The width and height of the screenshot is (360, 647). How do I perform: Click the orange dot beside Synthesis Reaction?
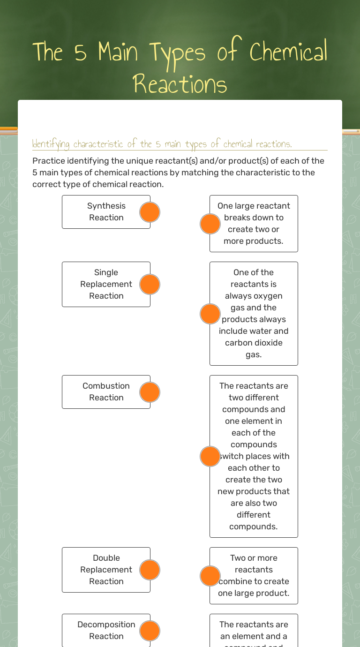pos(150,212)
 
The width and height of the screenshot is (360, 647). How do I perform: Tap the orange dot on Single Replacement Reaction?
pos(150,285)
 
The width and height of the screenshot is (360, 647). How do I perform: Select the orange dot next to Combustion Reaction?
pos(150,392)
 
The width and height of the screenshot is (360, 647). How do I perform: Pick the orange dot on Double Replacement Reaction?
pos(150,570)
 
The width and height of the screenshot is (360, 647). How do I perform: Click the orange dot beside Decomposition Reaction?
pos(150,631)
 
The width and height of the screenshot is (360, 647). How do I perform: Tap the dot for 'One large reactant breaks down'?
pos(210,224)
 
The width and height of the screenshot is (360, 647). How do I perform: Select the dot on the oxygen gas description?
pos(210,314)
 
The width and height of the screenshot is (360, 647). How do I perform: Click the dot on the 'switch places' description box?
pos(210,456)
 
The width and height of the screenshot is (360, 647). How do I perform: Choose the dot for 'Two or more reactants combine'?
pos(210,576)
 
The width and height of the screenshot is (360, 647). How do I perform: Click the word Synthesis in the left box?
pos(106,206)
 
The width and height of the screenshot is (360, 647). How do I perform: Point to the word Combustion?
pos(106,386)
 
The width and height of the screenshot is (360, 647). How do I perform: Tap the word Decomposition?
pos(106,624)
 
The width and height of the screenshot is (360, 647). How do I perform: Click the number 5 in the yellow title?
pos(80,53)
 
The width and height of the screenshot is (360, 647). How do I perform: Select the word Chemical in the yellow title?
pos(288,52)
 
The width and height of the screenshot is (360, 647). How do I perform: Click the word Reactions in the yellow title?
pos(180,84)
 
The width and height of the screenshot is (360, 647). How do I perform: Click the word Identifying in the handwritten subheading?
pos(51,144)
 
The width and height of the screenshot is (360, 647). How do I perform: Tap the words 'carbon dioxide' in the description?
pos(254,343)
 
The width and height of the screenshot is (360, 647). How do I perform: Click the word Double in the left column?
pos(106,558)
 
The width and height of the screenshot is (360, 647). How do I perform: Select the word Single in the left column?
pos(106,272)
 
